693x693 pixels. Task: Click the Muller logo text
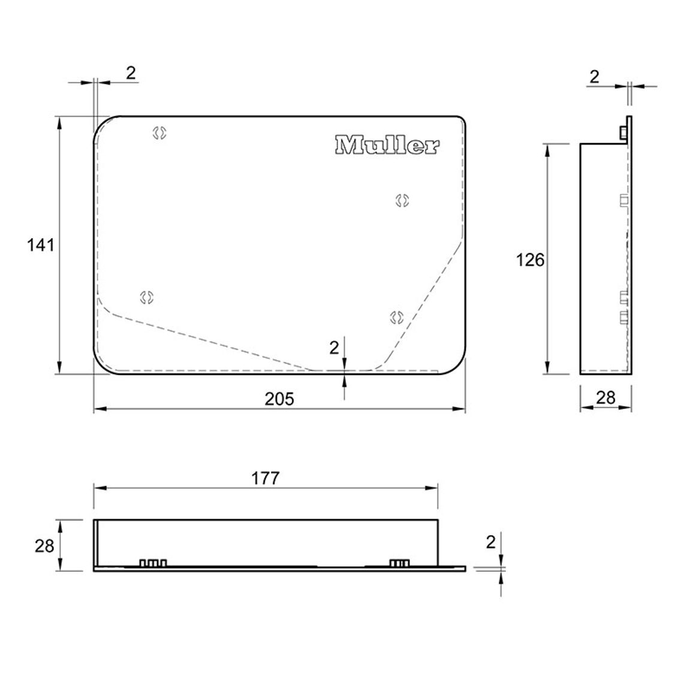point(387,145)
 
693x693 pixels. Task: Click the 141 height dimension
point(41,245)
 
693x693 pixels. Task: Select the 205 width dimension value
point(279,399)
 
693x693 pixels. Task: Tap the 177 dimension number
point(266,478)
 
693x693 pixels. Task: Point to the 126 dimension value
point(531,260)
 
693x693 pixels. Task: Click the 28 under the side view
point(605,398)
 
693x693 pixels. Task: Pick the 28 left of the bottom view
point(44,546)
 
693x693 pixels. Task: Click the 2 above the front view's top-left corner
point(131,73)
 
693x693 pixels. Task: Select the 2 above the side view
point(595,77)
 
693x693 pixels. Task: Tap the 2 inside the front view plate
point(334,348)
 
